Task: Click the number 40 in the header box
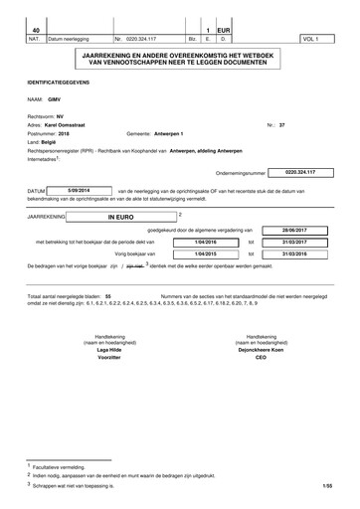[36, 32]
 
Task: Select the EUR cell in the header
[224, 32]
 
